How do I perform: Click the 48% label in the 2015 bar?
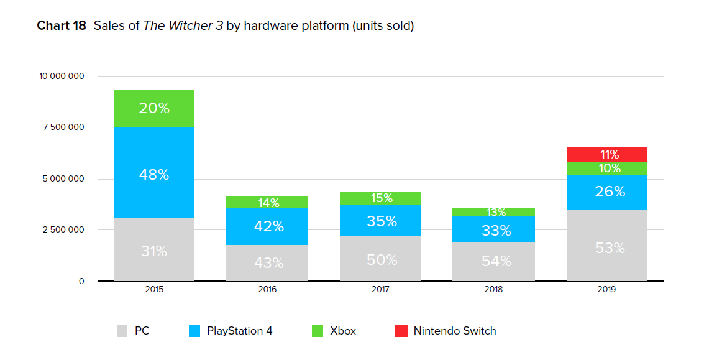[x=154, y=175]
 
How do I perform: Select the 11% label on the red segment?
[x=610, y=155]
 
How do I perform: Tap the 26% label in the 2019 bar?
[x=610, y=192]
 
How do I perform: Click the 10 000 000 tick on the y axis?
[x=62, y=76]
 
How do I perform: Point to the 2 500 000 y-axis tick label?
[x=63, y=230]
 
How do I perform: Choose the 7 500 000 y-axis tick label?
[x=63, y=127]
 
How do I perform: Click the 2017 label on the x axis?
[x=380, y=290]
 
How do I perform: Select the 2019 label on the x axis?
[x=606, y=290]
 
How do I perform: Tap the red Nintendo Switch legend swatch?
[x=401, y=331]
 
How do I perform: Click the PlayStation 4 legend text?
[x=239, y=331]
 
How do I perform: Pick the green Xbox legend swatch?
[x=318, y=331]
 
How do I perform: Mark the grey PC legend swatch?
[x=122, y=331]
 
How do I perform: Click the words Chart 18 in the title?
[x=62, y=25]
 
